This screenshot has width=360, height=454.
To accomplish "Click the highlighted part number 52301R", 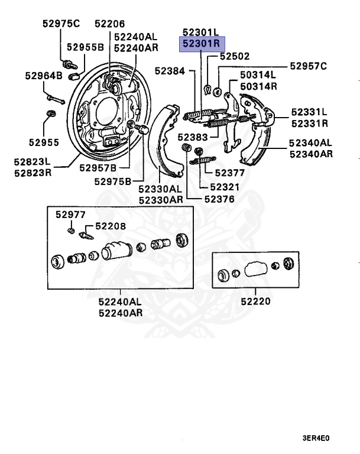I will click(201, 43).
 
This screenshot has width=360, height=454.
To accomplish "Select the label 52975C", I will click(60, 24).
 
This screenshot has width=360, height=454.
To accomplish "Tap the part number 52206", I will click(110, 24).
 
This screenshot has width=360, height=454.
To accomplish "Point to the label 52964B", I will click(43, 76).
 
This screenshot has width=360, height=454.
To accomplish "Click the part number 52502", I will click(235, 57).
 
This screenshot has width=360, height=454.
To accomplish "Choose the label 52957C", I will click(307, 66).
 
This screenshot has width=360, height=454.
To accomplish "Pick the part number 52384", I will click(170, 70).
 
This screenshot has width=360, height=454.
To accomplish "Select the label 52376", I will click(219, 199).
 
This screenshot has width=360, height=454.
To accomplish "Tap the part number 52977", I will click(70, 215).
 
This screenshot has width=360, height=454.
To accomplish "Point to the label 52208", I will click(111, 226).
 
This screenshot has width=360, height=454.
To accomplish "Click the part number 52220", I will click(255, 301).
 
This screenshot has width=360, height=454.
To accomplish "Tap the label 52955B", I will click(85, 46).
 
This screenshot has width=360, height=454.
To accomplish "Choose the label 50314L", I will click(258, 75).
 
